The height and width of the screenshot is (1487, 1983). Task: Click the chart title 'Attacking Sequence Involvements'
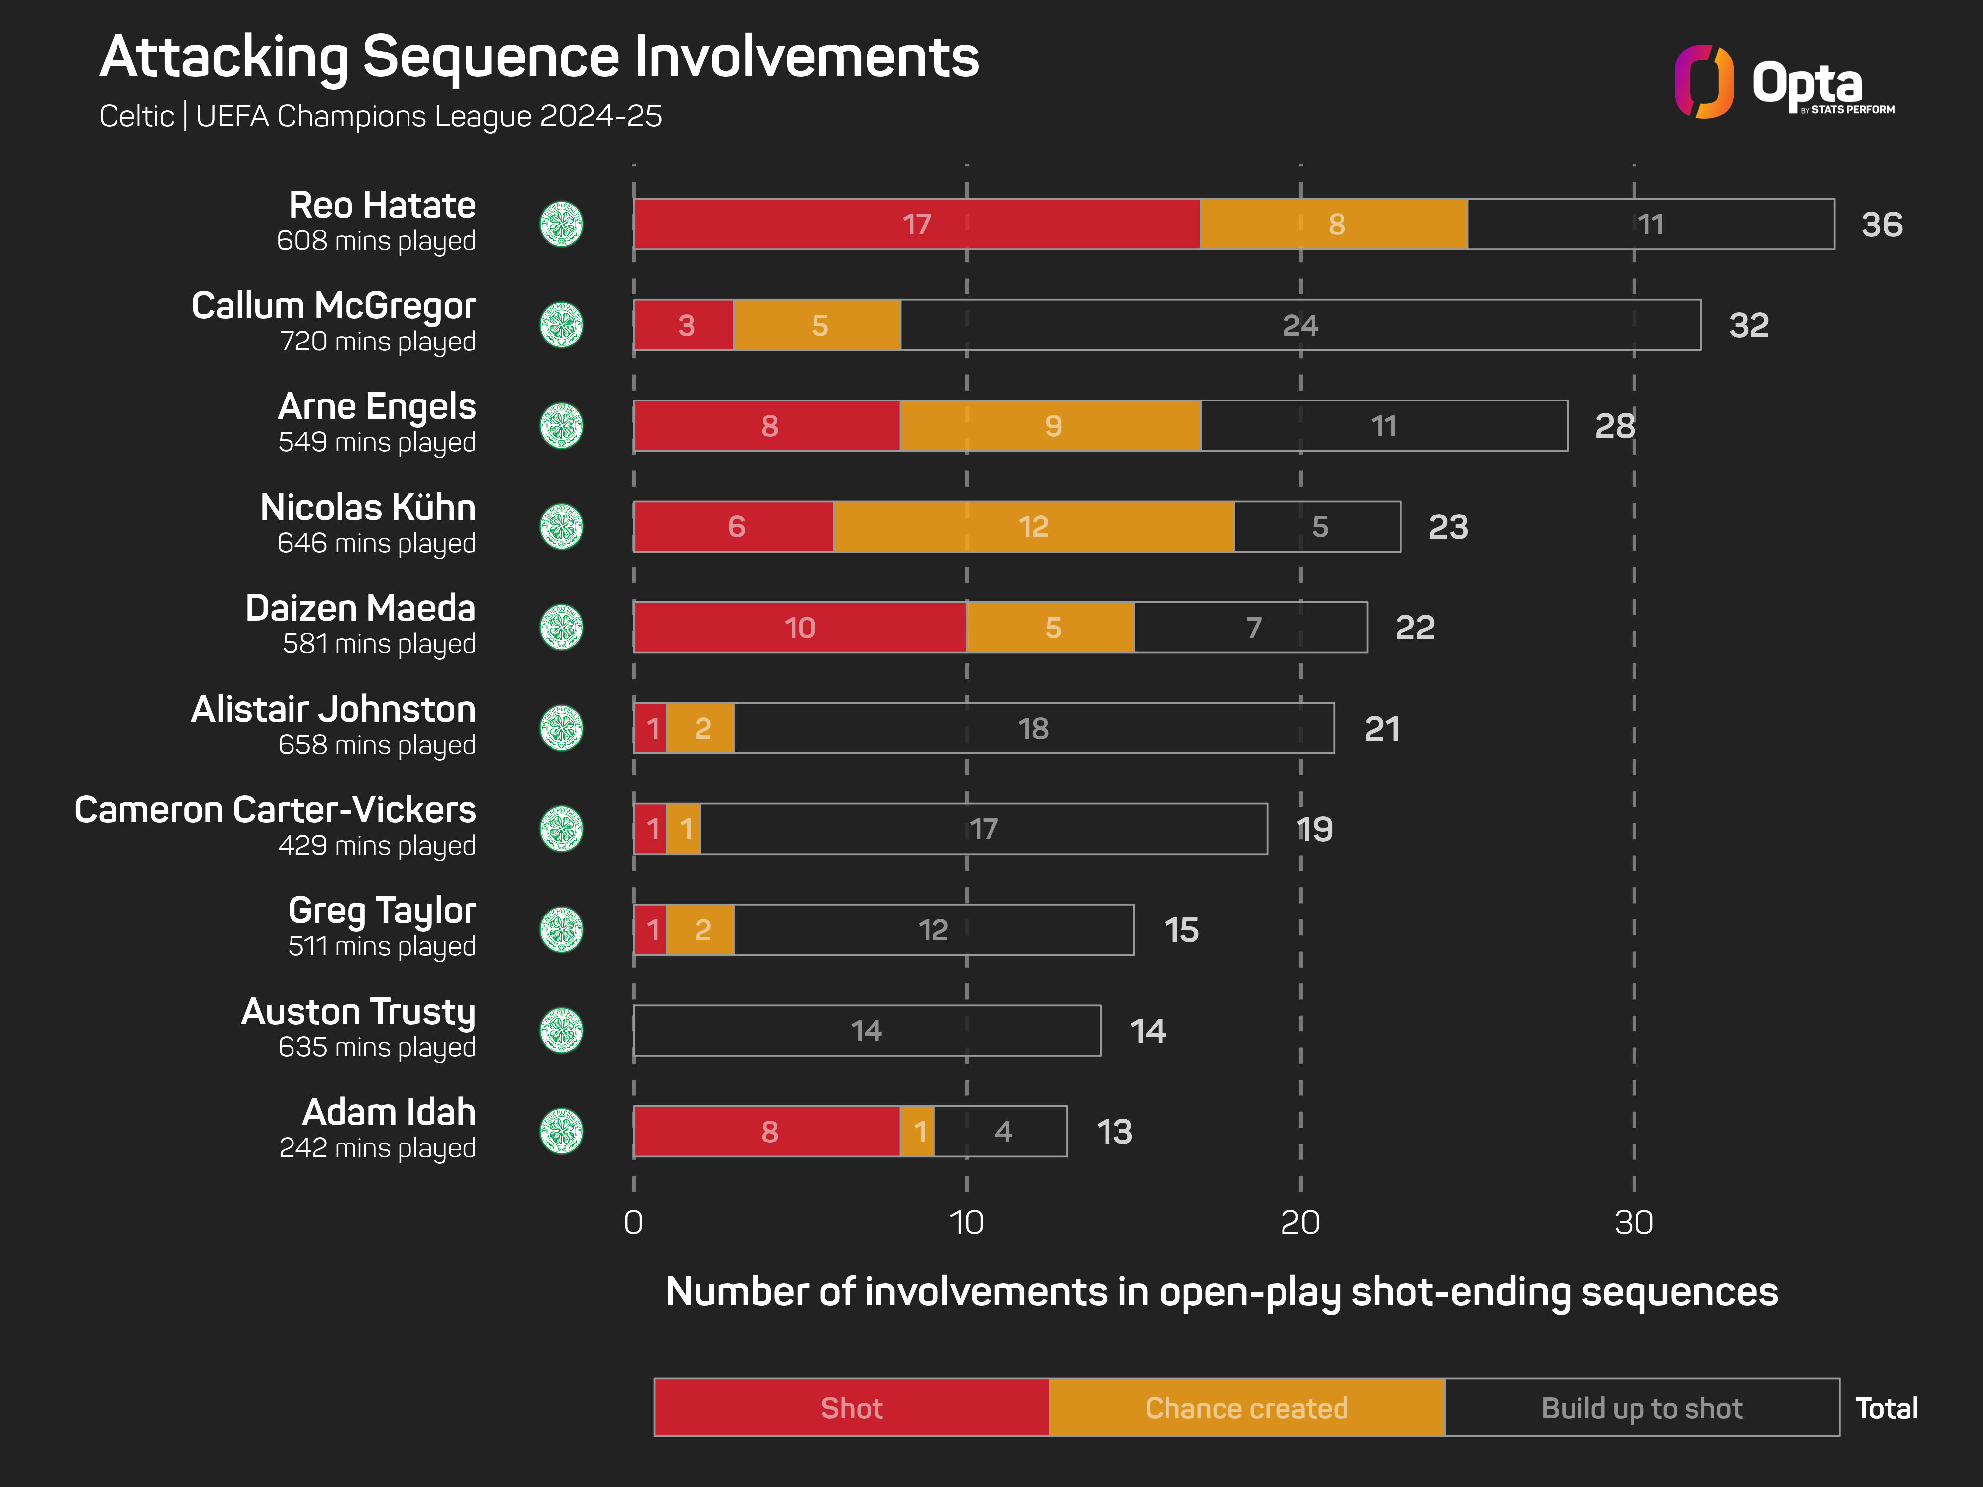coord(539,57)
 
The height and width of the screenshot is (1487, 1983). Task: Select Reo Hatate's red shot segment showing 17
coord(916,224)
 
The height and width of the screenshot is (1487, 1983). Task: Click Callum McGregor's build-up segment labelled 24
coord(1300,325)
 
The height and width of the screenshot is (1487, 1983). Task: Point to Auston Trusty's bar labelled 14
coord(866,1031)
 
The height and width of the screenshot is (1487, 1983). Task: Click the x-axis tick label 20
coord(1300,1223)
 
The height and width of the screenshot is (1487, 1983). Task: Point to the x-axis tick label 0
coord(633,1223)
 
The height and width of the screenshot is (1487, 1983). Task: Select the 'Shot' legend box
coord(852,1408)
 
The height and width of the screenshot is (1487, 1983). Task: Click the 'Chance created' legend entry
coord(1246,1408)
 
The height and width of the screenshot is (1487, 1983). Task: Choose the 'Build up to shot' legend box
coord(1641,1408)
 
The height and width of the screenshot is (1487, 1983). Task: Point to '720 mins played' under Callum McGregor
coord(377,342)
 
